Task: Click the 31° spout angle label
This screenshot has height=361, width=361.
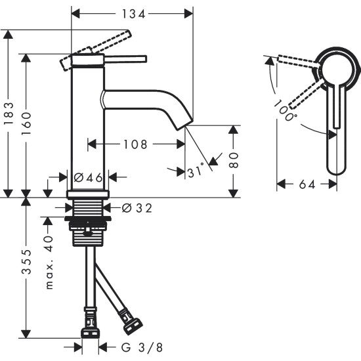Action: [196, 172]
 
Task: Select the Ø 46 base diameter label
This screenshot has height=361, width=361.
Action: [88, 177]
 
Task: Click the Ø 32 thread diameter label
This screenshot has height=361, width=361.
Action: [137, 209]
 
